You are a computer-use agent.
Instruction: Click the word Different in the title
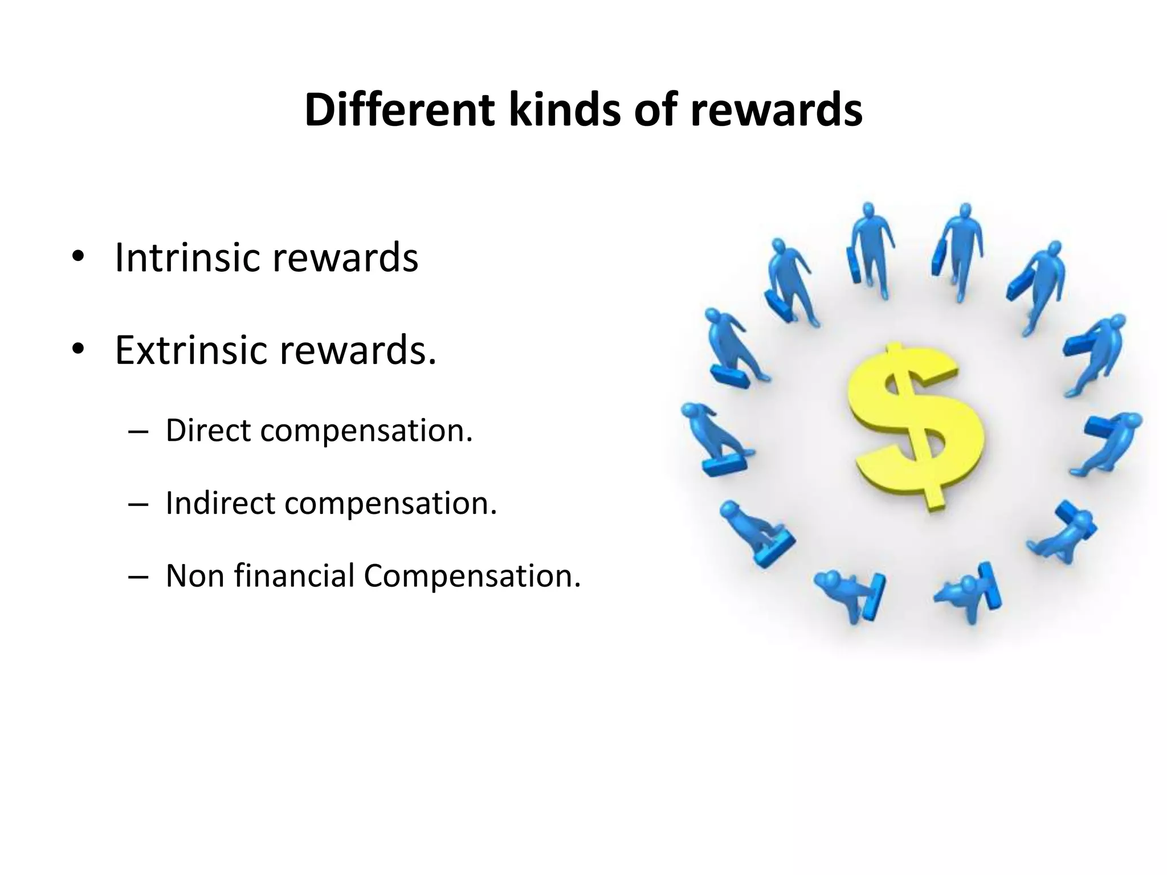click(399, 110)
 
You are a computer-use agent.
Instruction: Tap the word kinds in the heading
click(564, 110)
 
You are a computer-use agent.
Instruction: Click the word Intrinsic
click(188, 257)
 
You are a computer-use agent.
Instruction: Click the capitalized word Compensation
click(472, 576)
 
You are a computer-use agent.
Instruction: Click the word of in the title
click(655, 110)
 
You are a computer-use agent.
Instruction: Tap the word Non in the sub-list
click(194, 575)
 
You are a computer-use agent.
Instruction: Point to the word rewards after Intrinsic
click(345, 257)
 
